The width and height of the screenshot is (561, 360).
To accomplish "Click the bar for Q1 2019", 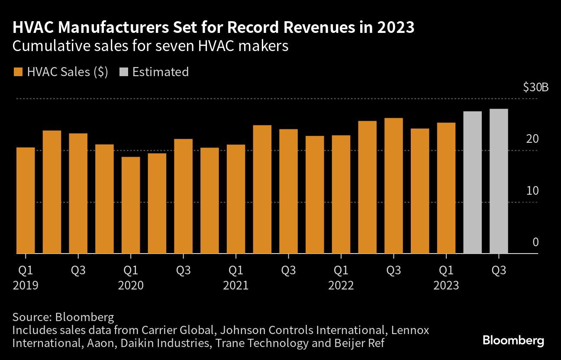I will coord(26,200).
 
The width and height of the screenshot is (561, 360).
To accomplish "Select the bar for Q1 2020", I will coord(131,205).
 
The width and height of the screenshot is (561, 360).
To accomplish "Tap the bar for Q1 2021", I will coord(236,199).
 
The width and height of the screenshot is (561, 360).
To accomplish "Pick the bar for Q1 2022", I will coord(341,194).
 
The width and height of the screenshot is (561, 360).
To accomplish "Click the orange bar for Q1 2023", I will coord(446,188).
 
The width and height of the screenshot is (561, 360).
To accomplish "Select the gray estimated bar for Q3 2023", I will coord(499,181).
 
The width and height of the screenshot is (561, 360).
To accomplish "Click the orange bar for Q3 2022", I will coord(393,186).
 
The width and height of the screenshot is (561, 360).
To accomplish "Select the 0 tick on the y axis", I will coord(535,242).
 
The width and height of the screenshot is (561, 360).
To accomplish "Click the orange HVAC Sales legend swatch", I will coord(18,72).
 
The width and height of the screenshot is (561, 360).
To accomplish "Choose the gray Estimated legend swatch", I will coord(123,72).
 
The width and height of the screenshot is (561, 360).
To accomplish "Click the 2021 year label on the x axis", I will coord(236,286).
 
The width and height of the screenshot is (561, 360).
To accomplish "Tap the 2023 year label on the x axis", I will coord(446,286).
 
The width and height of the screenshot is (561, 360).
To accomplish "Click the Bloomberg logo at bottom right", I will coord(513,341).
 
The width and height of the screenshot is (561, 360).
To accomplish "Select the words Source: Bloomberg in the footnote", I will coord(63,317).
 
